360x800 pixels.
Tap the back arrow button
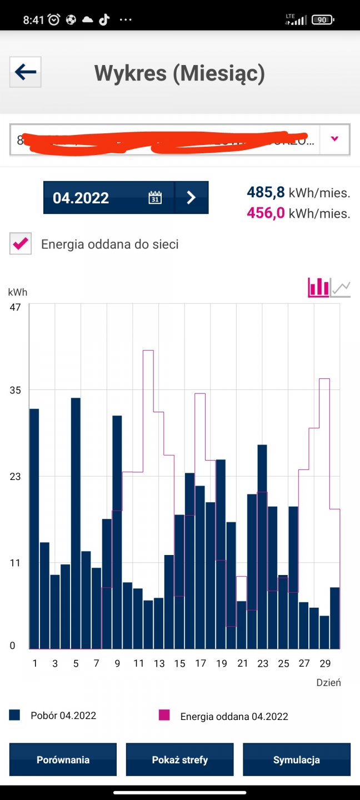(26, 72)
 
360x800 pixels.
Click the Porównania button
(63, 759)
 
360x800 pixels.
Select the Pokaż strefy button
(180, 759)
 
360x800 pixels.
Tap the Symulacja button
(297, 759)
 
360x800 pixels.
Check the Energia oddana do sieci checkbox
(21, 244)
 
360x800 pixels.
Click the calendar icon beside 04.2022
(155, 197)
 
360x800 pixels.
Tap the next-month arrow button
(191, 197)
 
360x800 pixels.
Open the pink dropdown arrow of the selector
(334, 139)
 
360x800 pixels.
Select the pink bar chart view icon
(318, 287)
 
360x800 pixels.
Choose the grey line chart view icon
(341, 288)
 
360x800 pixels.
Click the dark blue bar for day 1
(34, 528)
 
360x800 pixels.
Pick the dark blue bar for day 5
(76, 522)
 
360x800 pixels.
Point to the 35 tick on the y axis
(15, 390)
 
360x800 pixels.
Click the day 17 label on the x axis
(201, 663)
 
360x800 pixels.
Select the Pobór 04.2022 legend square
(14, 715)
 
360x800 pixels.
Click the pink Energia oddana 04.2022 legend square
(164, 716)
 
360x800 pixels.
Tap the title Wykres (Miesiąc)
(179, 73)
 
